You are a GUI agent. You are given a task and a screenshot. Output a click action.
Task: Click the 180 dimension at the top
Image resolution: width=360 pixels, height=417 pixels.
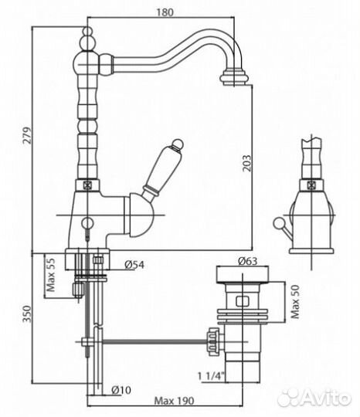165,12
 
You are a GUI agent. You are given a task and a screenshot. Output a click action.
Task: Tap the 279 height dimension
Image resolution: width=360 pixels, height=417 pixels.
27,136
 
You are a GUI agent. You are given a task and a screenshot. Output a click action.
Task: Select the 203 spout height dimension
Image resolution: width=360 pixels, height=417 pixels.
247,163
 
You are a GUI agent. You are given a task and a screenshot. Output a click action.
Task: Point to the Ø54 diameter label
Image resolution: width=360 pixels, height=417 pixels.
134,265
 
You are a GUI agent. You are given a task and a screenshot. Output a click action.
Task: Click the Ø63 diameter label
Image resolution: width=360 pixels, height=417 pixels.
248,261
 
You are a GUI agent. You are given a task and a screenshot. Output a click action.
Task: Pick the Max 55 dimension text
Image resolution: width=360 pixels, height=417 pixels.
50,274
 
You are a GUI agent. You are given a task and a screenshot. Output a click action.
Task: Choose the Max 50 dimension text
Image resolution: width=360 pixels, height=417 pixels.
295,302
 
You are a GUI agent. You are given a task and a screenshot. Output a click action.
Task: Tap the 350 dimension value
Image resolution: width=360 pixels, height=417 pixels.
27,314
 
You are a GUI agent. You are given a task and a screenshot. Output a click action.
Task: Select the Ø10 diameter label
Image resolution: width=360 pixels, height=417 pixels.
121,390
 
